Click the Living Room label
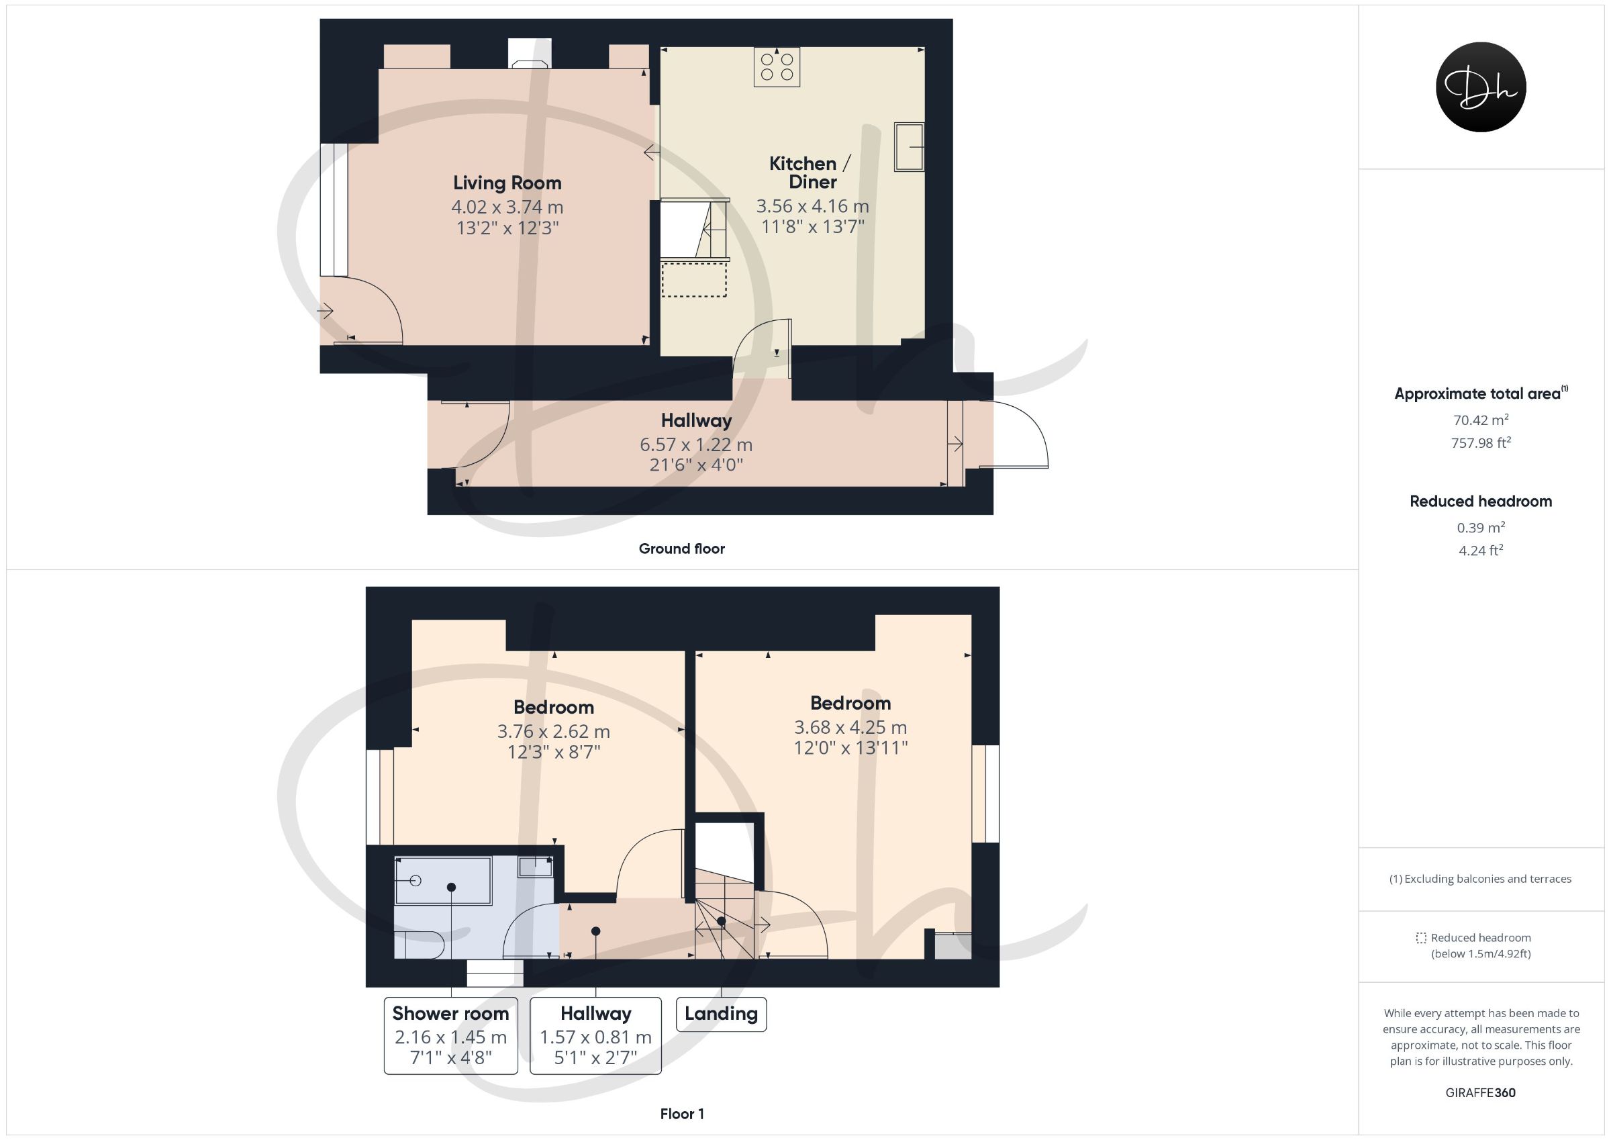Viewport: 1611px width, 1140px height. [507, 183]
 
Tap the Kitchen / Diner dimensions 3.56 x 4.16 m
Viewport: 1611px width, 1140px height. [812, 206]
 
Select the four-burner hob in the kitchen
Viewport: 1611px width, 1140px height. [777, 66]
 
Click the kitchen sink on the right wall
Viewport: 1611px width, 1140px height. [910, 147]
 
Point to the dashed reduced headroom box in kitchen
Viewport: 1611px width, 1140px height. [694, 279]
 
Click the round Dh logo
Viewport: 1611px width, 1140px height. [1481, 87]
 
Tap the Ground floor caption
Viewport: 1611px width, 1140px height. [681, 549]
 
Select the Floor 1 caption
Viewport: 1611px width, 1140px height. [682, 1114]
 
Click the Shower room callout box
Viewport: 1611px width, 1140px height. [451, 1035]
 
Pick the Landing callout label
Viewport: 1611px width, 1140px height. [722, 1014]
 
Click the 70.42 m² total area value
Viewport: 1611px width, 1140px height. [1481, 420]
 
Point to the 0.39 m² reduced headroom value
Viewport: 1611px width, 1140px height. [1481, 527]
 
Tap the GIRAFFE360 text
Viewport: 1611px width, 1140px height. [1481, 1093]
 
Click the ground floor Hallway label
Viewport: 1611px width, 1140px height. [696, 420]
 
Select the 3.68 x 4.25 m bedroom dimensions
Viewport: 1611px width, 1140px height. [850, 727]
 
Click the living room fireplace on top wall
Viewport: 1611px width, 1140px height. [530, 54]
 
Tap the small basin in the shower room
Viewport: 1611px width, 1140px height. [536, 867]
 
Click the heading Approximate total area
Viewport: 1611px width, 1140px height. [1481, 394]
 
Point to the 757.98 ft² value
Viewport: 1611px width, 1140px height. [1481, 443]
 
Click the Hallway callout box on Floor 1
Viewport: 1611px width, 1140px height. [595, 1035]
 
